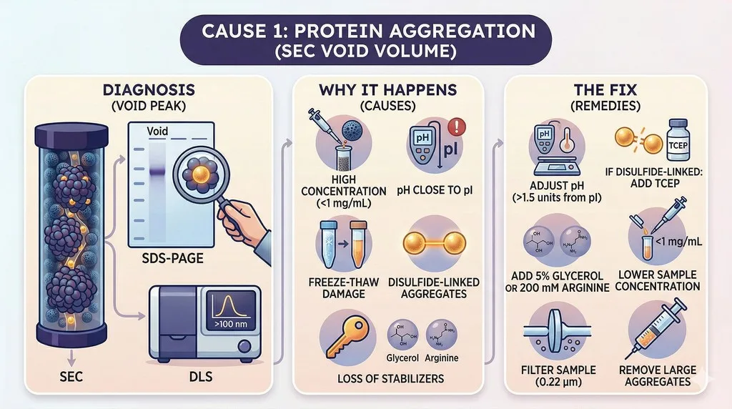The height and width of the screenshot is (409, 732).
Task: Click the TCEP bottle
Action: [x=678, y=140]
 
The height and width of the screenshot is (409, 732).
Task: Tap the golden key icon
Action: [x=347, y=336]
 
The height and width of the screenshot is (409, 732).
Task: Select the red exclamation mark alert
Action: [x=457, y=127]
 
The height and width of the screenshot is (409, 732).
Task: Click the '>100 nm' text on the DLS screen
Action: [x=231, y=324]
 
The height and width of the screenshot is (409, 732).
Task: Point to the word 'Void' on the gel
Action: [x=157, y=131]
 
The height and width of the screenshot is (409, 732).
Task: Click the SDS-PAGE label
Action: [x=173, y=258]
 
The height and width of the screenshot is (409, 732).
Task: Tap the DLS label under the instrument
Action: [x=201, y=377]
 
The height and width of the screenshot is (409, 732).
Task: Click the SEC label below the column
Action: [x=71, y=377]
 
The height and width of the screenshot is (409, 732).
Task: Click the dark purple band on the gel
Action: [x=157, y=172]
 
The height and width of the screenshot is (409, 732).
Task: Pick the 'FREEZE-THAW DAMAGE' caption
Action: [x=344, y=288]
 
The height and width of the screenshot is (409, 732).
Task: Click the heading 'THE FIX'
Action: [x=605, y=89]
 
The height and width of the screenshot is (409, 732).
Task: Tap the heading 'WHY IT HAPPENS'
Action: [x=388, y=89]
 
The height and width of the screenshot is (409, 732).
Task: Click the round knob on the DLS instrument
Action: [x=244, y=347]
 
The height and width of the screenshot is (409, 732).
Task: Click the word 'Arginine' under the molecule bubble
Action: [x=442, y=358]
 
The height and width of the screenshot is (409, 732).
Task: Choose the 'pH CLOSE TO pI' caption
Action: [x=435, y=190]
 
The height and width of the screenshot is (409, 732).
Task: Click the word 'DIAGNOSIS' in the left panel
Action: [x=149, y=89]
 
